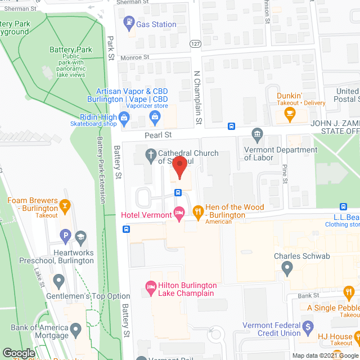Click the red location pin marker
(179, 167)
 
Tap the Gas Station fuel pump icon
(128, 24)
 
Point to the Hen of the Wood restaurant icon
(197, 212)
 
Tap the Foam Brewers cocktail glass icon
(65, 205)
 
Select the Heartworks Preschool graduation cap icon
(80, 237)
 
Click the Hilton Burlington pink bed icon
(151, 286)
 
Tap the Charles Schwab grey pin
(287, 269)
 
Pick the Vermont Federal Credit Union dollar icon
(307, 326)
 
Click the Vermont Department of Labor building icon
(258, 133)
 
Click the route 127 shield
(195, 44)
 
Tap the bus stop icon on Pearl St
(231, 126)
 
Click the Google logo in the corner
(18, 353)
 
